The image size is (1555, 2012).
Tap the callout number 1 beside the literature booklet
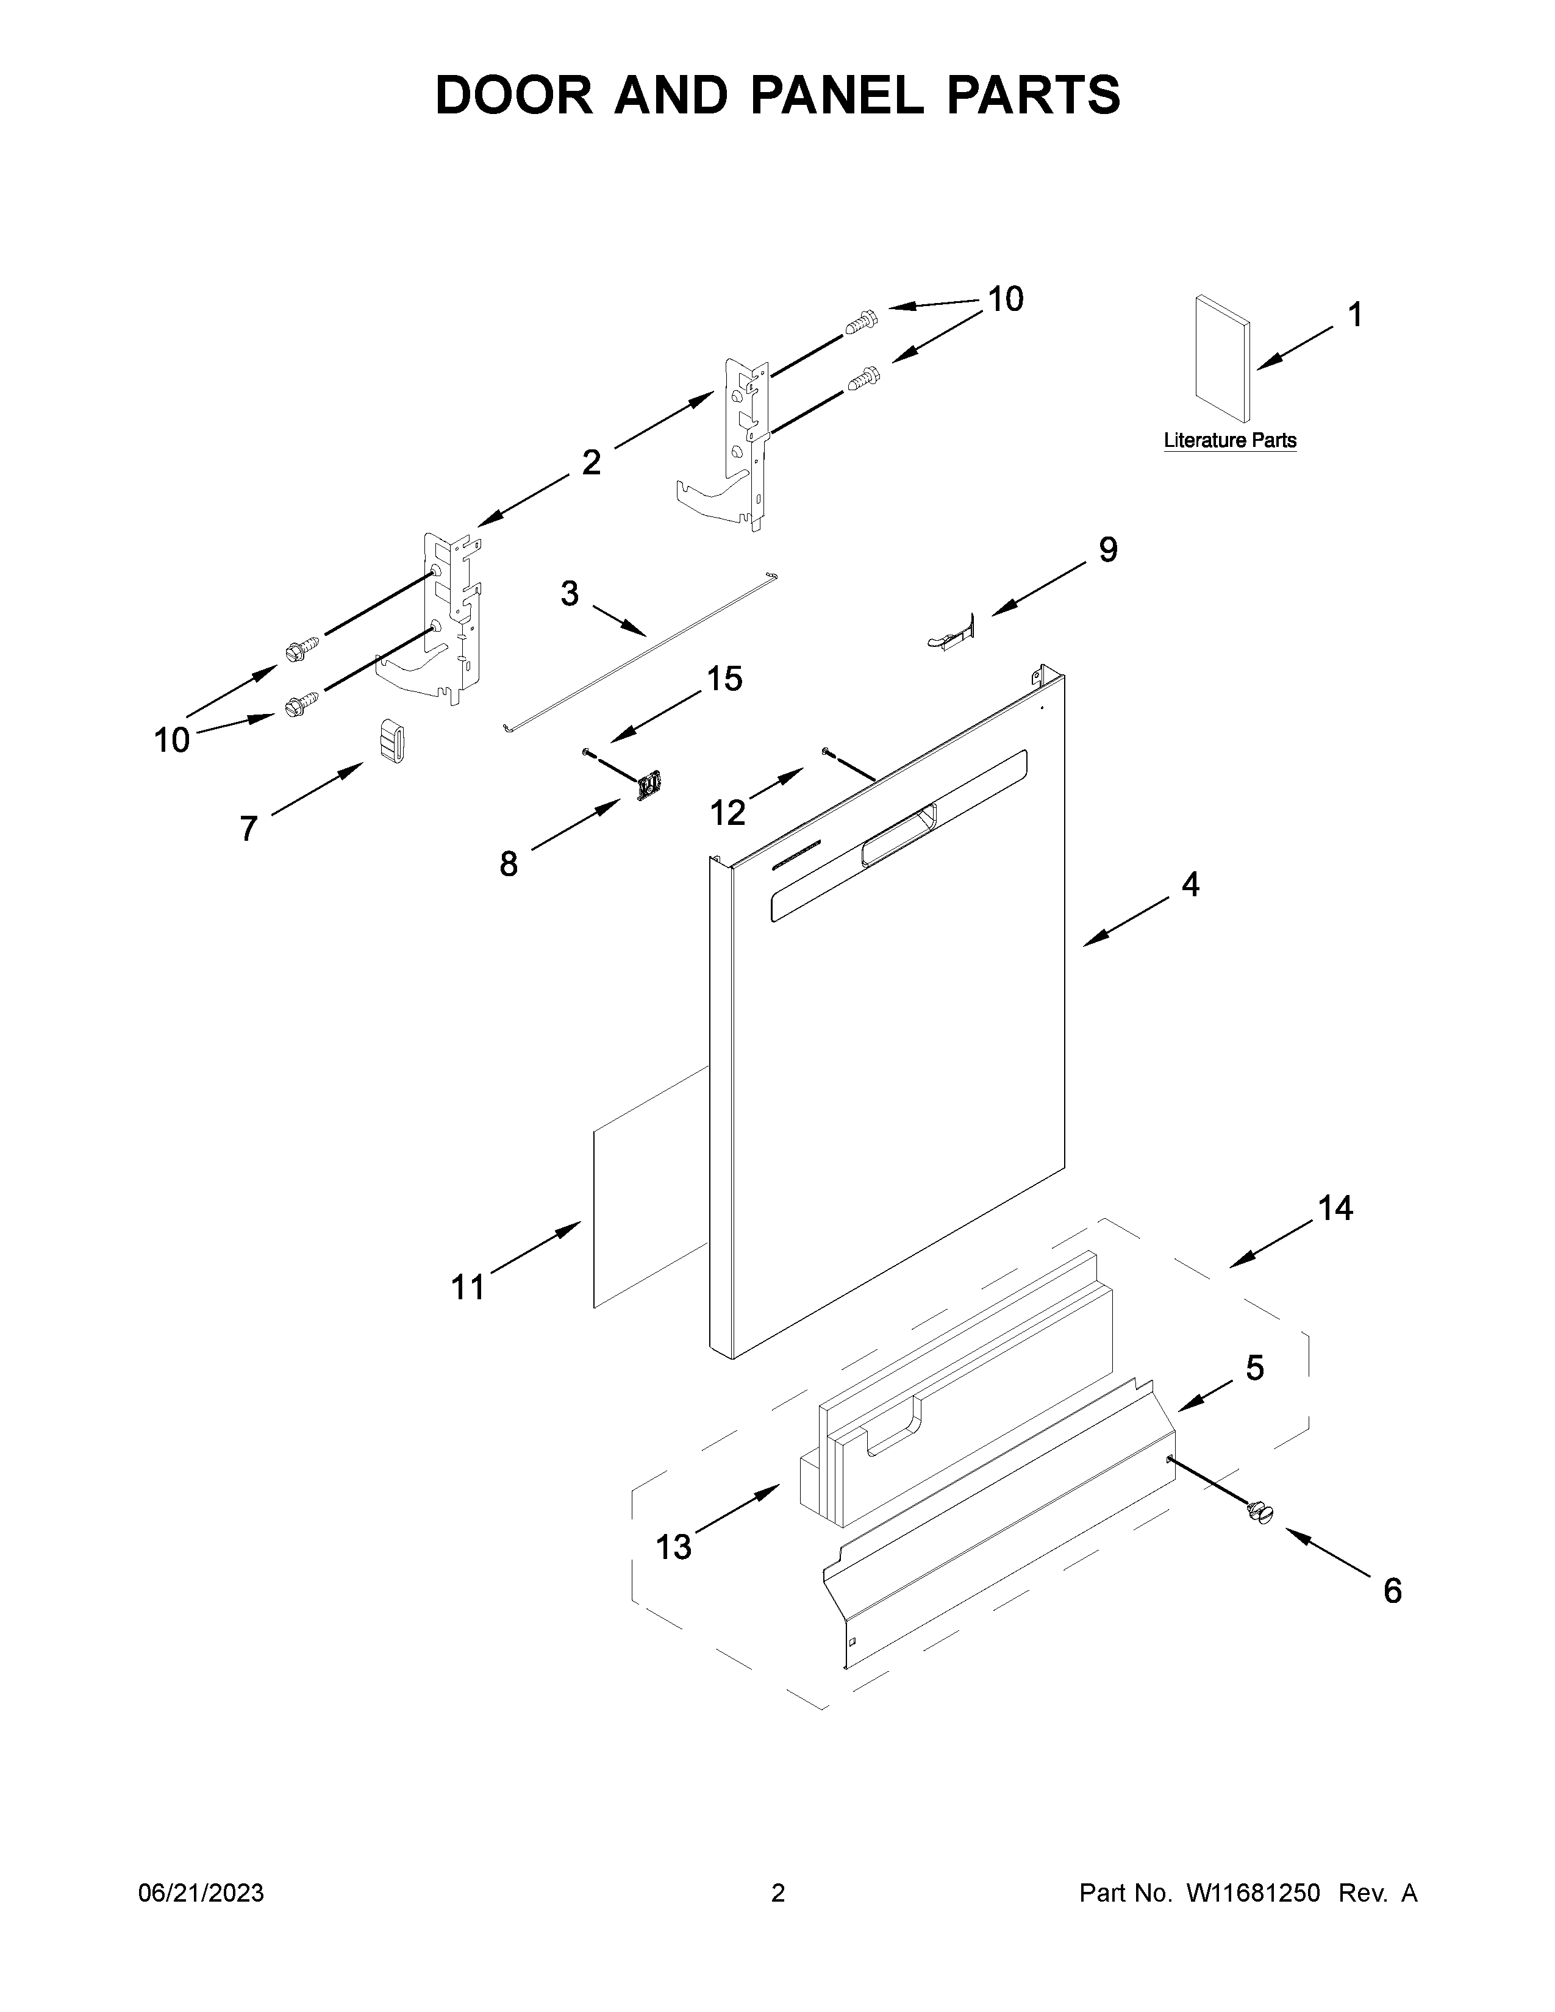pyautogui.click(x=1355, y=315)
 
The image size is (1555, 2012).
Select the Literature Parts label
pyautogui.click(x=1230, y=440)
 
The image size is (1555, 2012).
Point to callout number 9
pyautogui.click(x=1108, y=550)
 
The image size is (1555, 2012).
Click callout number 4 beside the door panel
pyautogui.click(x=1190, y=885)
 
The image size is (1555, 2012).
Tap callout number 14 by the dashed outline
pyautogui.click(x=1335, y=1208)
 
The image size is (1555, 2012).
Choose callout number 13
pyautogui.click(x=673, y=1547)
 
